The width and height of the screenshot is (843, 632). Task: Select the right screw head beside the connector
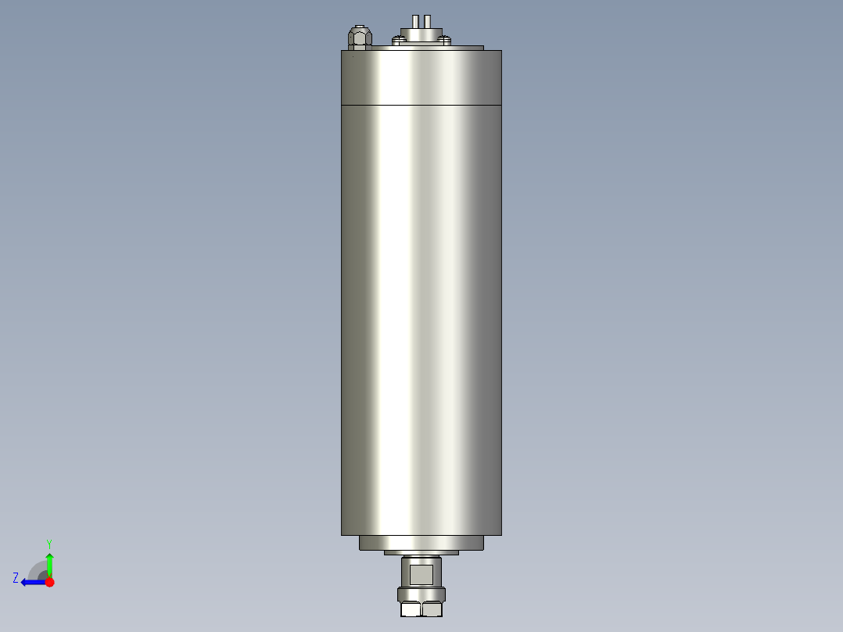point(444,39)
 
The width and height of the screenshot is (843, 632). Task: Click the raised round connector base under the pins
point(421,33)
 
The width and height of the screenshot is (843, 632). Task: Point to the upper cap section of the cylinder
point(421,77)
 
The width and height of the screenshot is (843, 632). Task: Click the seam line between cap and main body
point(421,104)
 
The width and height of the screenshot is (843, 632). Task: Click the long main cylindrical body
point(421,313)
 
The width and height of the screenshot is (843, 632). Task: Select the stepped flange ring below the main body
point(421,542)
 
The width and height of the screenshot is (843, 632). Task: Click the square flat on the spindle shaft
point(421,575)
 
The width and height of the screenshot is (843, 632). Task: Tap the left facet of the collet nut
point(411,609)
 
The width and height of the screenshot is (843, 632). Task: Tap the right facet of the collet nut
point(432,609)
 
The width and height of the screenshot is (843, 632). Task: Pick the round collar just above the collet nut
point(421,594)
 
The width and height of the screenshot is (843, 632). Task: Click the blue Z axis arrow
point(31,582)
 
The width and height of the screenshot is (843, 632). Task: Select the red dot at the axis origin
point(49,582)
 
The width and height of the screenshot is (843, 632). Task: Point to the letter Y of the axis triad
point(49,543)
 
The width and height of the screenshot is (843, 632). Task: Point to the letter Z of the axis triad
point(16,578)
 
